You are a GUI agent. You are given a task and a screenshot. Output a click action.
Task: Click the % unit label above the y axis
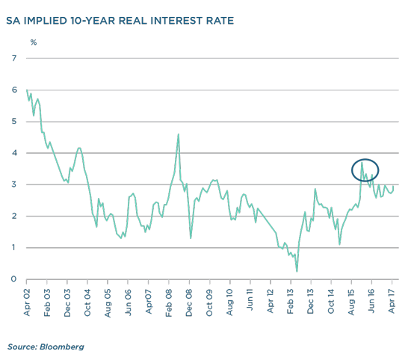click(34, 42)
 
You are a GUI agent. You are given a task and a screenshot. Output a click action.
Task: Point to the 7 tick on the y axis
click(14, 58)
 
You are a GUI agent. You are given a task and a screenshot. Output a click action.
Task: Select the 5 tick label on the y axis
click(14, 122)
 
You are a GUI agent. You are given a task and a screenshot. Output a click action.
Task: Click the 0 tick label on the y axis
click(13, 279)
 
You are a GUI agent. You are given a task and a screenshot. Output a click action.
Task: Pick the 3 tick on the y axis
click(14, 184)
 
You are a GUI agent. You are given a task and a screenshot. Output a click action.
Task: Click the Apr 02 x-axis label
click(27, 302)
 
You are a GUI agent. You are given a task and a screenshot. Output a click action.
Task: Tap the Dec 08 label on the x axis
click(189, 303)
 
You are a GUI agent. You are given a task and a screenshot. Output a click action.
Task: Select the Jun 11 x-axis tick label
click(250, 300)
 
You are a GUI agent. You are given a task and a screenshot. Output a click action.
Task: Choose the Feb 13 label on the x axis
click(290, 301)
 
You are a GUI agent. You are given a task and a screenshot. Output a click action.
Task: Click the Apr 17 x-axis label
click(392, 301)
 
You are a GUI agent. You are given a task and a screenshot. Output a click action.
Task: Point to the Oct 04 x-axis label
click(87, 302)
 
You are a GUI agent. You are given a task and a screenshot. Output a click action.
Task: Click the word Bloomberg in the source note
click(62, 347)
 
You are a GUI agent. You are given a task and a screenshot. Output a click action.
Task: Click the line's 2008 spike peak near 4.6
click(179, 134)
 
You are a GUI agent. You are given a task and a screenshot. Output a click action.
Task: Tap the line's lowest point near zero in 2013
click(297, 271)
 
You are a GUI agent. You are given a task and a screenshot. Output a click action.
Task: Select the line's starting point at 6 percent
click(27, 90)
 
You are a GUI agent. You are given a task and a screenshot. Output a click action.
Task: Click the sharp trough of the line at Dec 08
click(191, 238)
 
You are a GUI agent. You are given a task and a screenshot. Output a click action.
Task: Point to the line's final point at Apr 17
click(393, 187)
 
